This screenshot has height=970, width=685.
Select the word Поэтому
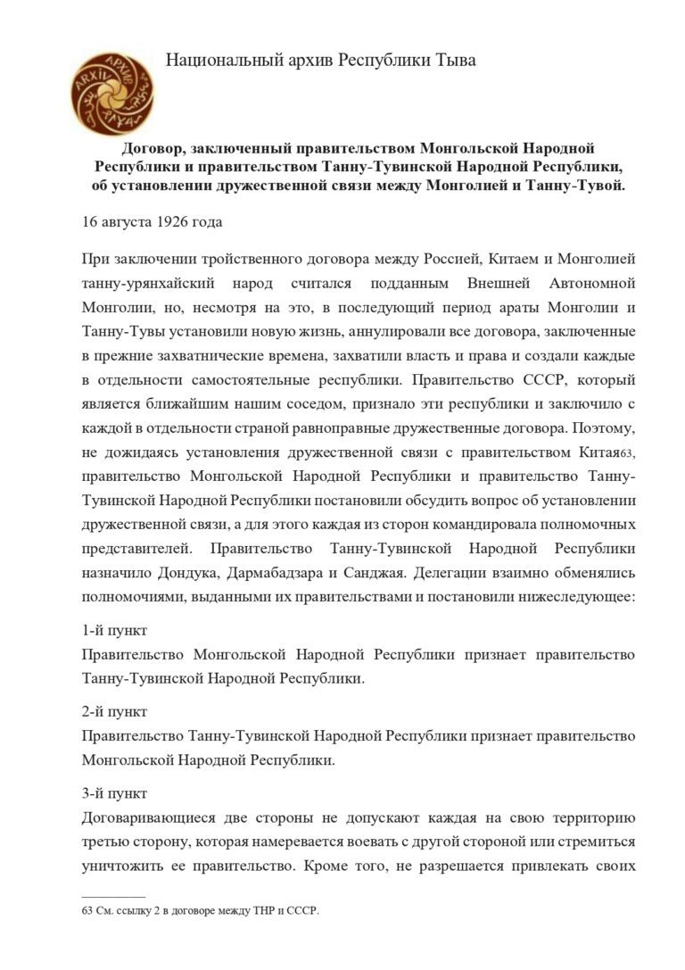coord(600,428)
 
